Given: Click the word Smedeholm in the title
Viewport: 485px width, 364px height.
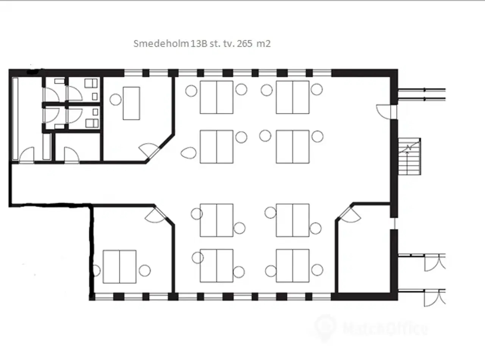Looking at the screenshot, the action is [x=161, y=44].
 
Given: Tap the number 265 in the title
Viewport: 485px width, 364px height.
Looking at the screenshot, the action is [x=245, y=44].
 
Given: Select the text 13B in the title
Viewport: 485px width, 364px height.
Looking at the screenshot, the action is [x=199, y=44].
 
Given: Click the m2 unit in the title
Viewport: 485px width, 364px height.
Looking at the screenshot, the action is [x=263, y=44].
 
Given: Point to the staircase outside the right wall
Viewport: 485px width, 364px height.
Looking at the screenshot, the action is [x=410, y=156].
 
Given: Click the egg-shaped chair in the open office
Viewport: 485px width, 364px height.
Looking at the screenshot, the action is [x=188, y=153].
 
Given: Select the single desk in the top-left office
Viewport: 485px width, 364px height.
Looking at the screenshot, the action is [x=131, y=103].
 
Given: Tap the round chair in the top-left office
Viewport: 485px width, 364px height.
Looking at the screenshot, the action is [x=115, y=99].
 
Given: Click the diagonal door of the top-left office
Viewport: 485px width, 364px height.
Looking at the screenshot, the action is [x=150, y=151].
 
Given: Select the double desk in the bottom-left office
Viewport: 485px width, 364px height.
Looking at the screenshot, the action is [x=119, y=267].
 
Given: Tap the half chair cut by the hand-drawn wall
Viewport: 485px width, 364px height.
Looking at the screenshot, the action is [x=97, y=270].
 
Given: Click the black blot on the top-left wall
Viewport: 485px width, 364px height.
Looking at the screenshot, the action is [x=33, y=72].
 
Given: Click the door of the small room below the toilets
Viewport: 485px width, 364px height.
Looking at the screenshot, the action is [x=71, y=155].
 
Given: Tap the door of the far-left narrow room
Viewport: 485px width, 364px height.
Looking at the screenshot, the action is [x=27, y=155].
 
